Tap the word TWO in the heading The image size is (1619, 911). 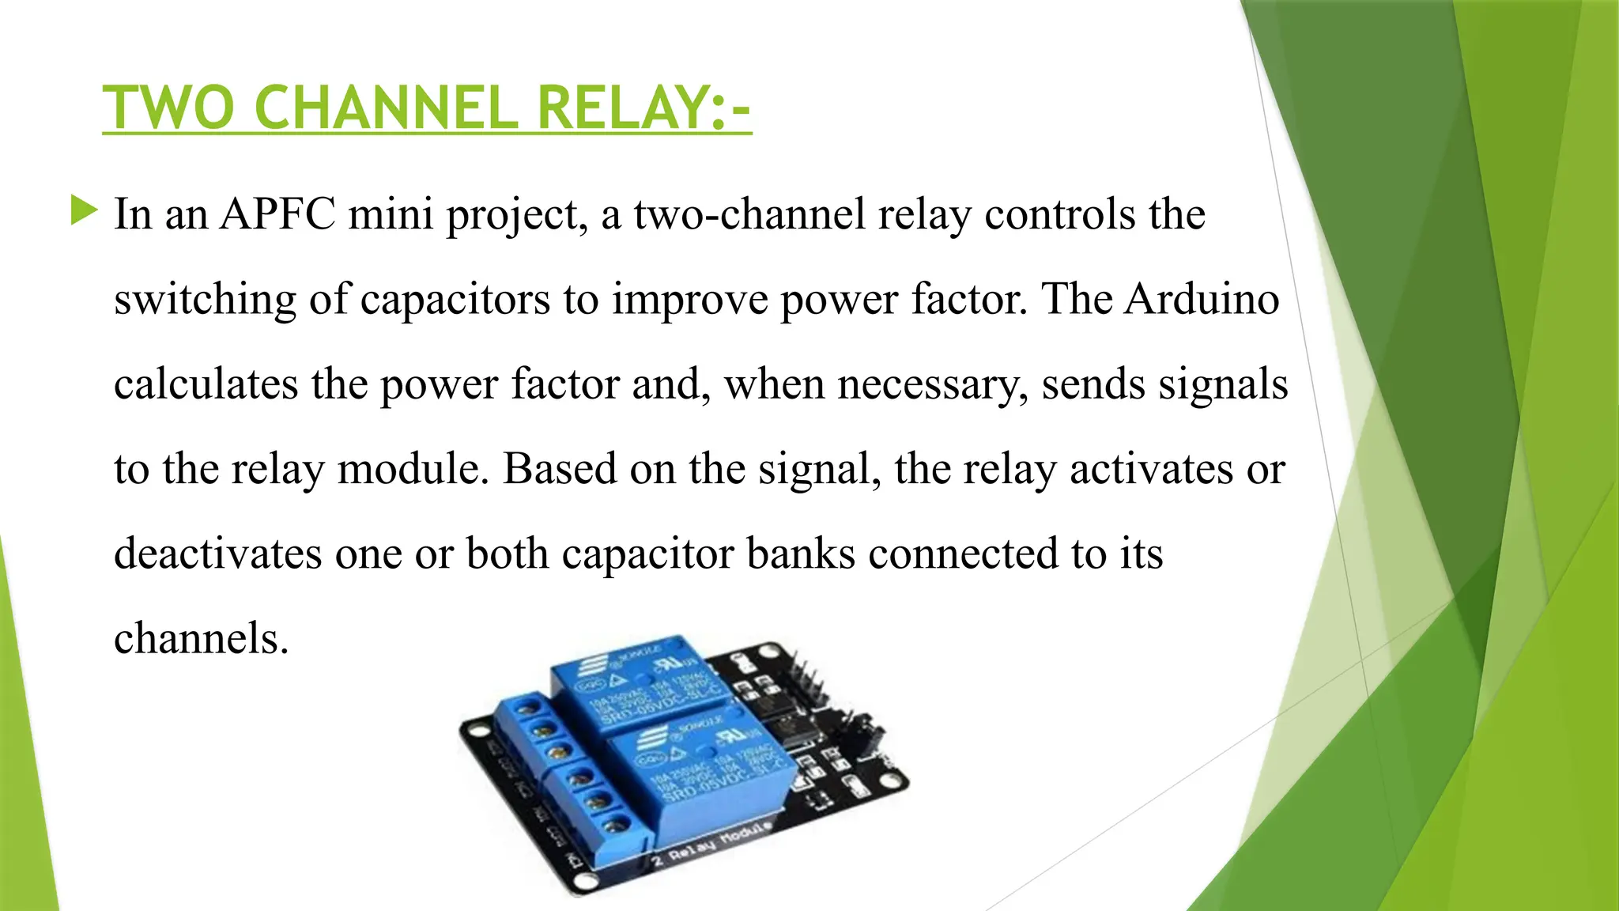coord(168,108)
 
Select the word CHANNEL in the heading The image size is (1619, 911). coord(386,108)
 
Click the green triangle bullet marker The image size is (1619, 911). coord(84,210)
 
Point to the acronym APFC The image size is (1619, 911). coord(277,214)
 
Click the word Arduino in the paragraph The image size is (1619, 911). coord(1202,299)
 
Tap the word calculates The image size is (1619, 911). coord(206,384)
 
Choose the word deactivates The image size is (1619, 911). coord(218,554)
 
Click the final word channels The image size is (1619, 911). coord(201,638)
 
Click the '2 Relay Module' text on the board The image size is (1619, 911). coord(711,845)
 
